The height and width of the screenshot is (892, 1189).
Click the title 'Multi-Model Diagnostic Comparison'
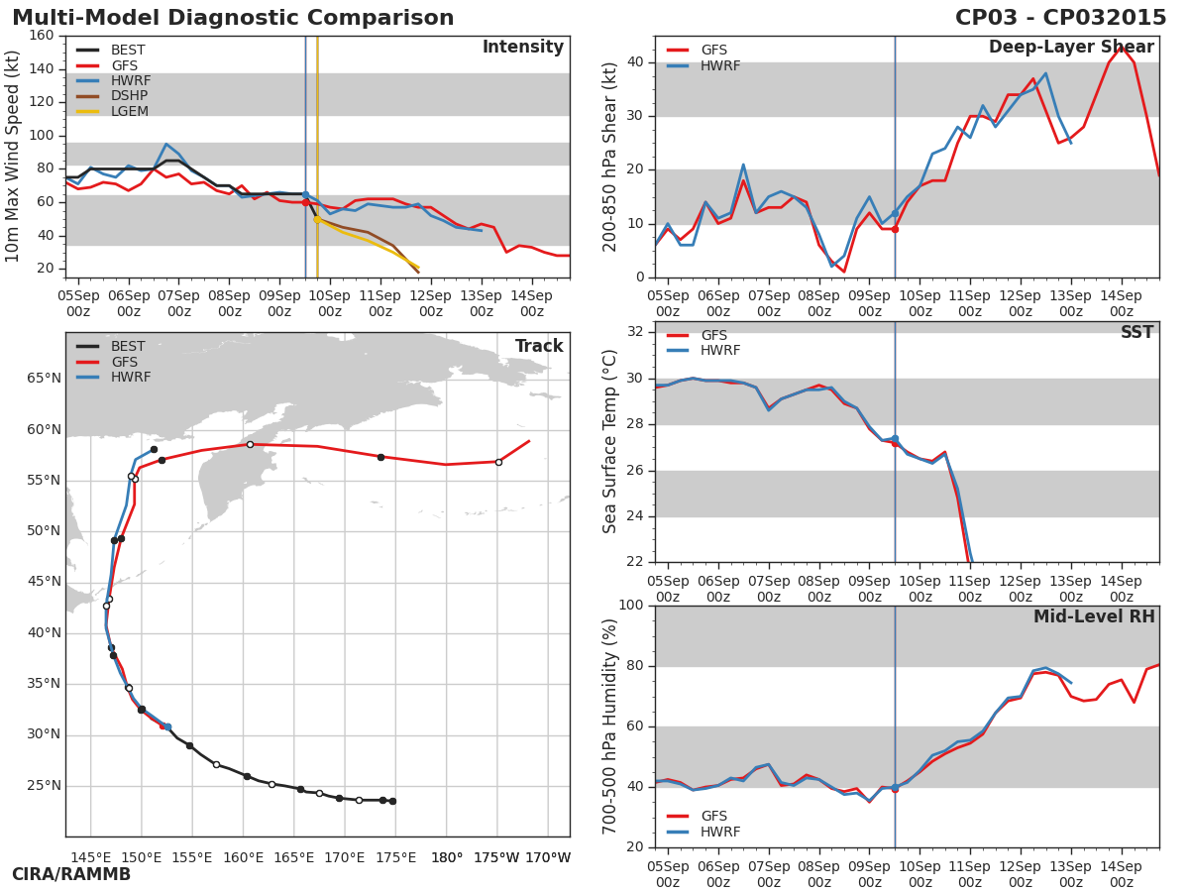(233, 18)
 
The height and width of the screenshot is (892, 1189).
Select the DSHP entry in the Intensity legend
(129, 96)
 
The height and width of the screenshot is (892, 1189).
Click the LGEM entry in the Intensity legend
(129, 112)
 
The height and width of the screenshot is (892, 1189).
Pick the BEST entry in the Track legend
(128, 347)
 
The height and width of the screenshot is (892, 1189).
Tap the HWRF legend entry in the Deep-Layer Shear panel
(720, 65)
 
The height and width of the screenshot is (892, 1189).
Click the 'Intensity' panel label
(522, 48)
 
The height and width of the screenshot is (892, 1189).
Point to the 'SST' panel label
(1136, 333)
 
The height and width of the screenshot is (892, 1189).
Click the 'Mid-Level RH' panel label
(1094, 617)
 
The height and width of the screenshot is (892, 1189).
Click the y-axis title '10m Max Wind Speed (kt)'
(14, 157)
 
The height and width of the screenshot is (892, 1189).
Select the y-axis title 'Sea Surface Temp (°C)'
(611, 442)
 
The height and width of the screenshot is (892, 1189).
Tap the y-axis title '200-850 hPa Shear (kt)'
(611, 157)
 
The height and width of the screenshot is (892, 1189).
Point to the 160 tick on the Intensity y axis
(42, 36)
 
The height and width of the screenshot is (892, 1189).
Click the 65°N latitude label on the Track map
(43, 379)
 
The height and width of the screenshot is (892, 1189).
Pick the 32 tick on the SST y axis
(636, 332)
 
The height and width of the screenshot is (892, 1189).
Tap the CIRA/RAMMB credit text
(71, 874)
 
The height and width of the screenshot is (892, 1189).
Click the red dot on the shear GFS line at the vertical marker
(895, 229)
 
